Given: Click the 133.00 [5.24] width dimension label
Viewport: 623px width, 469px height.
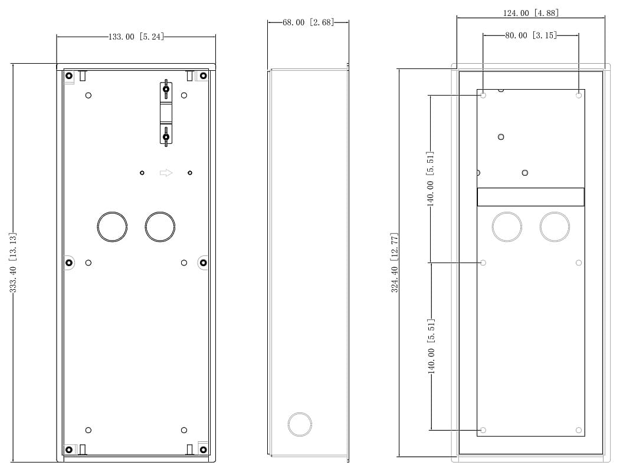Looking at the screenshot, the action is [136, 37].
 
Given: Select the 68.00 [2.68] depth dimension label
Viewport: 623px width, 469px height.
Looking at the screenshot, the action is [309, 22].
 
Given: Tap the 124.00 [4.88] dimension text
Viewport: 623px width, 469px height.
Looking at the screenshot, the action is [531, 13].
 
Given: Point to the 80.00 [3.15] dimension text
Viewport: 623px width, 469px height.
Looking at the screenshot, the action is [531, 35].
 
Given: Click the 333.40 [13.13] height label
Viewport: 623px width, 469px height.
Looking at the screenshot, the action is [13, 263].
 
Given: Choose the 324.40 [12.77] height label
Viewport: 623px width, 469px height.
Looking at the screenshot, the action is [395, 263].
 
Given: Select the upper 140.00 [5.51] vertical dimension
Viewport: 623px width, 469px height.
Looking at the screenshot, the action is [430, 179].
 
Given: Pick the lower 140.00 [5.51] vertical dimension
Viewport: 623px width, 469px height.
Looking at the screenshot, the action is [431, 346].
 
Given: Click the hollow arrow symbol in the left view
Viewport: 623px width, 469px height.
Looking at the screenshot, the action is [166, 172].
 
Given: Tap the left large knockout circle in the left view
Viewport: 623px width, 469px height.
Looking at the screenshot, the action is [113, 227].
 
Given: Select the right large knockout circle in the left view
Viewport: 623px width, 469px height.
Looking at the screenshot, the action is [160, 227].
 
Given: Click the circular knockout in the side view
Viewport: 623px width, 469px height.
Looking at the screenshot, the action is [300, 425].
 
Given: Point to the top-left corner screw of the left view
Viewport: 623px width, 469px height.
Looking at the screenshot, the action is [69, 76].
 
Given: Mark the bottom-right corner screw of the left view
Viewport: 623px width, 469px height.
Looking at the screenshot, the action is [203, 450].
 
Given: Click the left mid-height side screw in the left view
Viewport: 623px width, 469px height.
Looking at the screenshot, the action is [69, 263].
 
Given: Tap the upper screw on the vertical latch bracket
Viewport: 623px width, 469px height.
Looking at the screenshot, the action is [166, 89].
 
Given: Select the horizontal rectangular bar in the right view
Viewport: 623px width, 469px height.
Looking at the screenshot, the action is [531, 197].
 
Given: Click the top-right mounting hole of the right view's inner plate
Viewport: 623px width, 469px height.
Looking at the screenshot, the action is [579, 96].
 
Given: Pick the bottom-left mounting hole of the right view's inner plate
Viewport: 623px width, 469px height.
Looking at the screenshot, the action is [483, 430].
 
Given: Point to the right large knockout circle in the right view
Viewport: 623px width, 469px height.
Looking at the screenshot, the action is [555, 227].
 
